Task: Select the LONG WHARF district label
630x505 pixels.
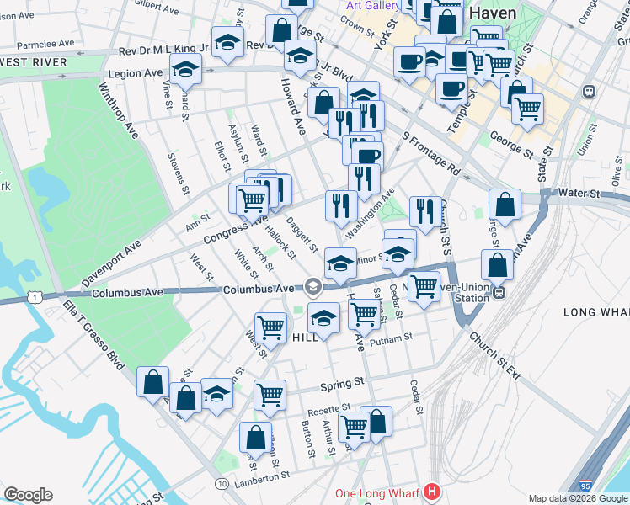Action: coord(595,312)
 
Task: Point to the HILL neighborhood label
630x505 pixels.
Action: coord(305,337)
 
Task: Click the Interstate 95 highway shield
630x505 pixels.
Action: coord(585,486)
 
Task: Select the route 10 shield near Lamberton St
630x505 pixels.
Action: coord(222,484)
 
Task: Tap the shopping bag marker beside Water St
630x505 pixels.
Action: coord(504,205)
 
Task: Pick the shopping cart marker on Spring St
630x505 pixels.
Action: coord(270,394)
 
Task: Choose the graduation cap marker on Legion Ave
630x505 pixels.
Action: coord(185,70)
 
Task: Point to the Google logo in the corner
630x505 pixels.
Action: coord(28,495)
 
